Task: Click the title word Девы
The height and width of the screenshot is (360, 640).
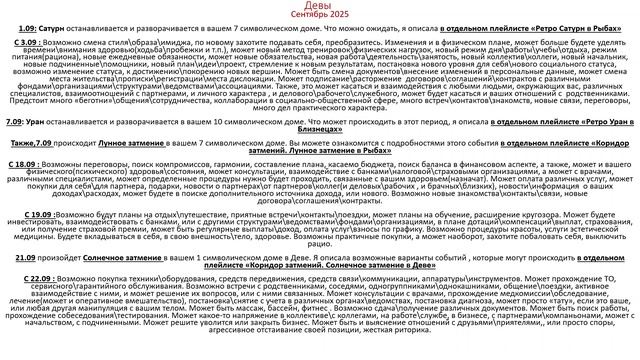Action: click(x=318, y=7)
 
